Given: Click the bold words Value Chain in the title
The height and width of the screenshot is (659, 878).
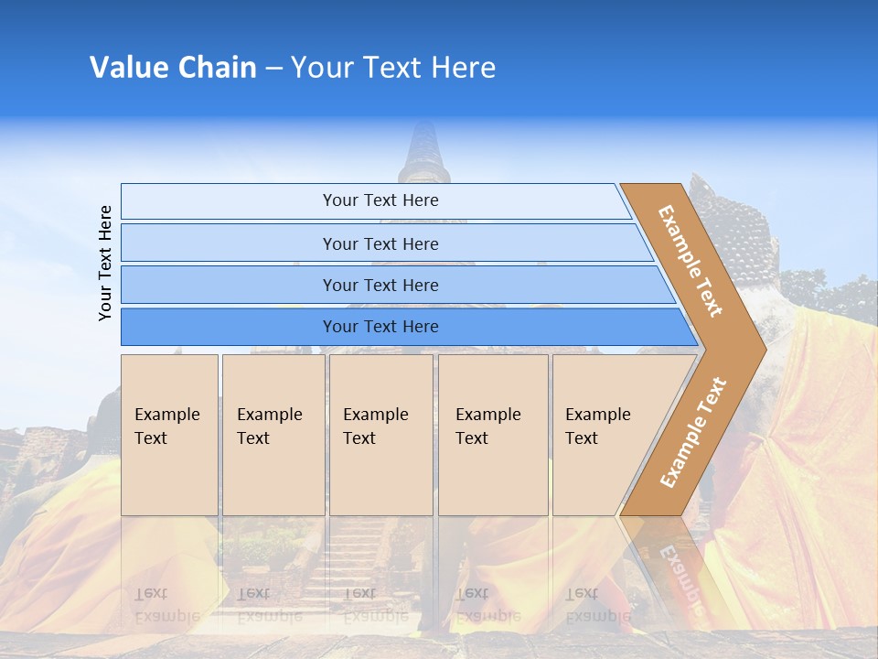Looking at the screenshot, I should pos(173,68).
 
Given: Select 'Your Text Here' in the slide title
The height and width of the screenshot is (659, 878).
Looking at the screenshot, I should pos(392,68).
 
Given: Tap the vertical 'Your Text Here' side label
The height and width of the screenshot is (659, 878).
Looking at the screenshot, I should pos(106,263).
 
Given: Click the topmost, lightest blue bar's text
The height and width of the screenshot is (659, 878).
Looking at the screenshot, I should pos(380,200).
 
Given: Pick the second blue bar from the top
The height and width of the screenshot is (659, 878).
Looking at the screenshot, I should pos(380,243).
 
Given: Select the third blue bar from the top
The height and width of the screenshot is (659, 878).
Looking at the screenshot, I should pos(380,285).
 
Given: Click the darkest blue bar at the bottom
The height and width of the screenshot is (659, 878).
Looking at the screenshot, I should pos(380,327).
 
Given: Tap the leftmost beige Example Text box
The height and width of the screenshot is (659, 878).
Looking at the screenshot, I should pos(169,434).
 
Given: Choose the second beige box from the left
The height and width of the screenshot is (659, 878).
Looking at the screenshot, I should pos(273,434).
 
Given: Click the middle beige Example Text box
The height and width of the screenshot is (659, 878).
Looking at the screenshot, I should pos(380,434).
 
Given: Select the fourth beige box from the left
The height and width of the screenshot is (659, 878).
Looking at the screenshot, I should pos(492,434).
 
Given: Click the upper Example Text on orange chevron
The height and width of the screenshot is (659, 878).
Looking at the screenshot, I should pos(691,261).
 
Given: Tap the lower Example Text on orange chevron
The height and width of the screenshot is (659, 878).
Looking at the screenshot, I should pos(692,432).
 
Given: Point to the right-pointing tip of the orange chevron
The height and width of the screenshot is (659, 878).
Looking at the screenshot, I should pos(760,348).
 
